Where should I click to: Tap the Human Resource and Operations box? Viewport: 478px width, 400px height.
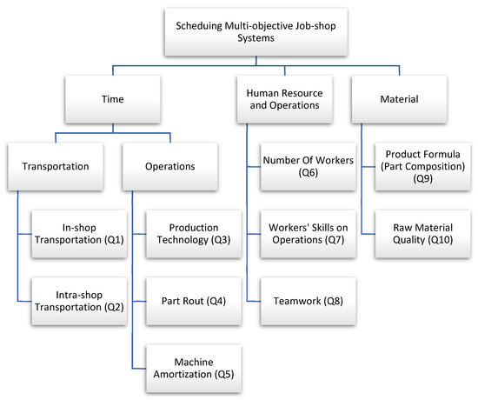click(295, 101)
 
